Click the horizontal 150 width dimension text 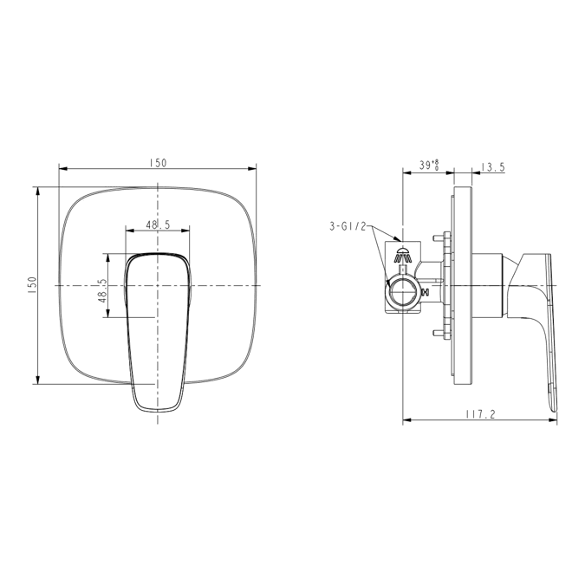tap(158, 163)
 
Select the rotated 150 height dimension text tap(31, 285)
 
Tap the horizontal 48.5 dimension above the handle tap(158, 224)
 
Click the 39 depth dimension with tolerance tap(428, 163)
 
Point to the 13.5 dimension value tap(491, 167)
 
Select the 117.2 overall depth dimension tap(479, 414)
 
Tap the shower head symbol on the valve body tap(401, 256)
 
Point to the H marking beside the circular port tap(423, 292)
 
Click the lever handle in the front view tap(158, 329)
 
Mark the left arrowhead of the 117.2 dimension tap(407, 422)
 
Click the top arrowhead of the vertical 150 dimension tap(38, 190)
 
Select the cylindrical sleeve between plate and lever tap(490, 285)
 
